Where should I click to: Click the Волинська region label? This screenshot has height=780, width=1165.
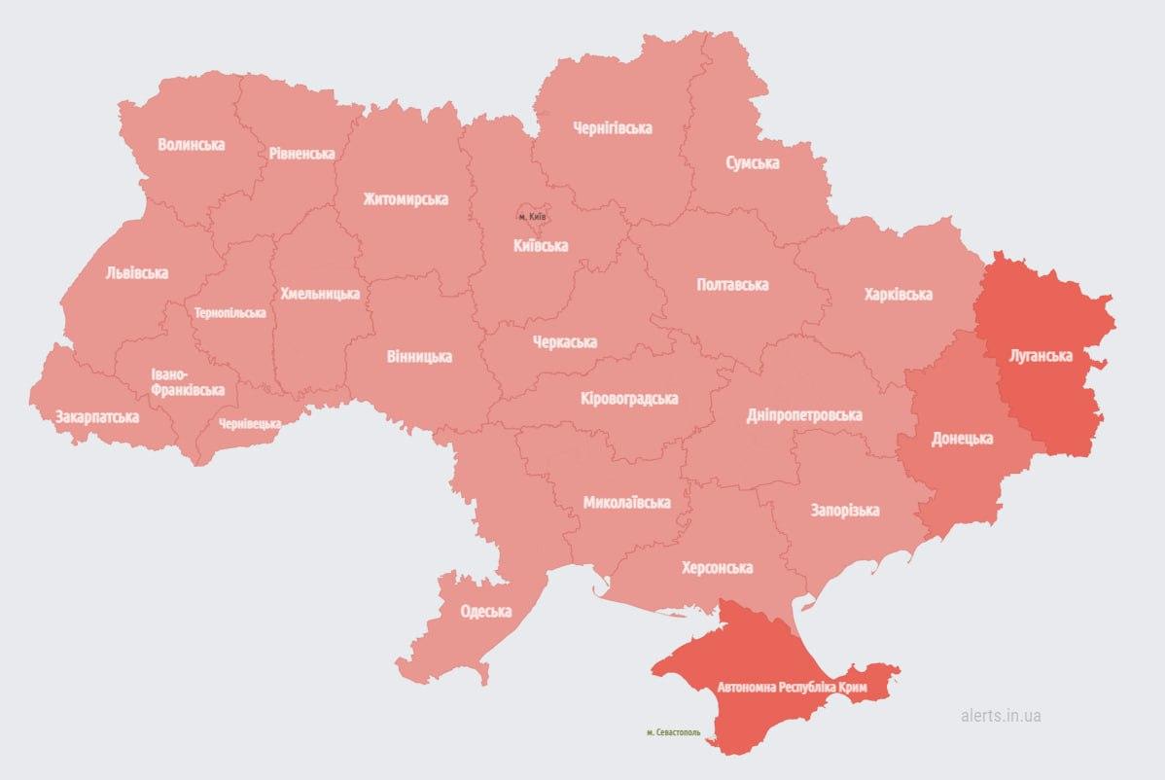[191, 145]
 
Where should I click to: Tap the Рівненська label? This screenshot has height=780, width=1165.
[301, 154]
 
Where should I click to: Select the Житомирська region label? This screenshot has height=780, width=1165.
[406, 199]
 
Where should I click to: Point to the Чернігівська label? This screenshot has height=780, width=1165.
[612, 128]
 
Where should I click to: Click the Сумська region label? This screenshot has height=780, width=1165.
[752, 163]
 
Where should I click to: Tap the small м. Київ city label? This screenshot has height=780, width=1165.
[532, 215]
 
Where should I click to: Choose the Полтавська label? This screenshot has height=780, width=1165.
[732, 285]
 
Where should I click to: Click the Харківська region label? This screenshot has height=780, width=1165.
[898, 294]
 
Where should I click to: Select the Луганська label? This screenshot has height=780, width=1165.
[1041, 356]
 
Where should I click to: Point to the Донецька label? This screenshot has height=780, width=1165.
[962, 439]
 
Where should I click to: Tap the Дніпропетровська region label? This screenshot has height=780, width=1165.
[803, 415]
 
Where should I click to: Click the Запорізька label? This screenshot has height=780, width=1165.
[844, 511]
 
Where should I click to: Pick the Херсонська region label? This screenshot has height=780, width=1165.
[718, 568]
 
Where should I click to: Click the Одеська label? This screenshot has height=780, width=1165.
[485, 612]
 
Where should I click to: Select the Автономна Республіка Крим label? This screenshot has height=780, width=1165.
[791, 688]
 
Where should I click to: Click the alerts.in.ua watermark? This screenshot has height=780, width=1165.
[1000, 715]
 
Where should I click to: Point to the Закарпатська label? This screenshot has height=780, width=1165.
[96, 417]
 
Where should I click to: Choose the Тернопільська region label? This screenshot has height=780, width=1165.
[229, 313]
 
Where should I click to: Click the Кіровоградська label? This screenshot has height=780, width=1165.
[628, 399]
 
